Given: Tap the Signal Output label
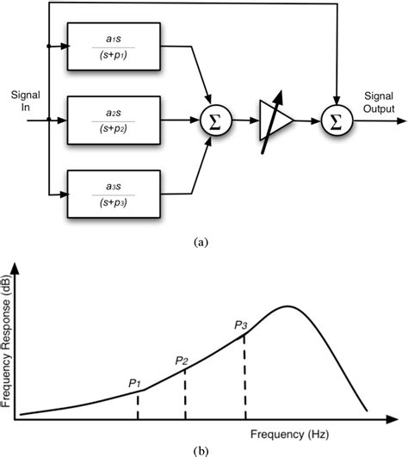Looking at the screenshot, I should point(379,102).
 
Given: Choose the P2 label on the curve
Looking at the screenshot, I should point(182,360).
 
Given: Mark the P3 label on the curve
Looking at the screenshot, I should point(241,325).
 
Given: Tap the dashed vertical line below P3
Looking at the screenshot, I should point(245,379).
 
